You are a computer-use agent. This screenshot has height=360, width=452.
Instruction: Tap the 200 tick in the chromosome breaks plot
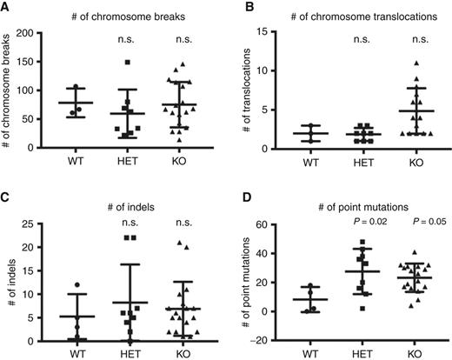click(35, 33)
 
